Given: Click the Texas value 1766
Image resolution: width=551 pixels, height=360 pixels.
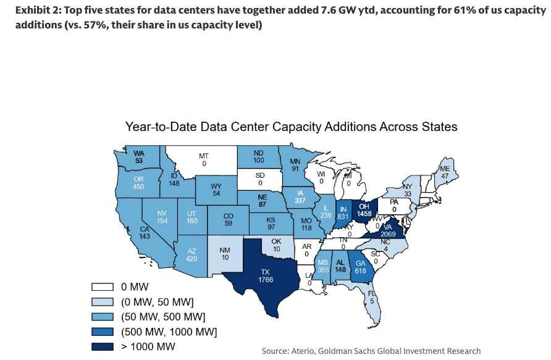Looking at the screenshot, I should pyautogui.click(x=266, y=280).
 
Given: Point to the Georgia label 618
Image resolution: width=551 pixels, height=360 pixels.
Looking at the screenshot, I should pyautogui.click(x=360, y=270).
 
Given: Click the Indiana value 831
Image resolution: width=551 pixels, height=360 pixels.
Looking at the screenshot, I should pyautogui.click(x=344, y=217).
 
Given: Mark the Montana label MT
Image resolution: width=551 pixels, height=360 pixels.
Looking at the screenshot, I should pyautogui.click(x=203, y=156).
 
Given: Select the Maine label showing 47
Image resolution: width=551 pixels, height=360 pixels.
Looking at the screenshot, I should pyautogui.click(x=445, y=175).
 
